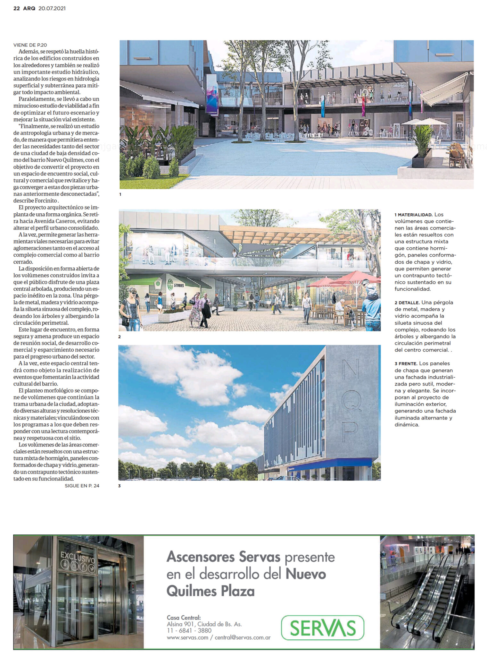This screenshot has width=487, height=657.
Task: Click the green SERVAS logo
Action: point(322,628)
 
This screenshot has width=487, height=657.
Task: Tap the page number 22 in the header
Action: point(17,9)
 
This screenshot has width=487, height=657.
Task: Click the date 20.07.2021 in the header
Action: point(52,9)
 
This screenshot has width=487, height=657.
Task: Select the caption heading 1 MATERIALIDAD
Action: point(414,215)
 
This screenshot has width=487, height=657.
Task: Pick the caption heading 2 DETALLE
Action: point(407,303)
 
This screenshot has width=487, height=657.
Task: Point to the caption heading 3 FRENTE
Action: point(406,363)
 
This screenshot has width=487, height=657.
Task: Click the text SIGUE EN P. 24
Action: point(82,486)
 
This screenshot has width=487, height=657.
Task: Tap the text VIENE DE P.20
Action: point(30,45)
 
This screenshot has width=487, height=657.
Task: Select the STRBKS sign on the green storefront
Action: point(179,285)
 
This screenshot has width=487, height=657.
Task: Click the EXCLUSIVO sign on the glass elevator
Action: point(78,557)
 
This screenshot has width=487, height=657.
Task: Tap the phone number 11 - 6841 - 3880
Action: point(189,630)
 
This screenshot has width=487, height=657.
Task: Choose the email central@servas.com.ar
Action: point(243,637)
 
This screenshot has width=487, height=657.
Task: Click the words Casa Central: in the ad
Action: point(184,618)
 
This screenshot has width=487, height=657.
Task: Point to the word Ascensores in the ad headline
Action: point(201,557)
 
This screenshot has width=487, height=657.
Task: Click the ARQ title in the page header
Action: point(29,9)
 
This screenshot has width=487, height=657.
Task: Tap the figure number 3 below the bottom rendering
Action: point(120,486)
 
